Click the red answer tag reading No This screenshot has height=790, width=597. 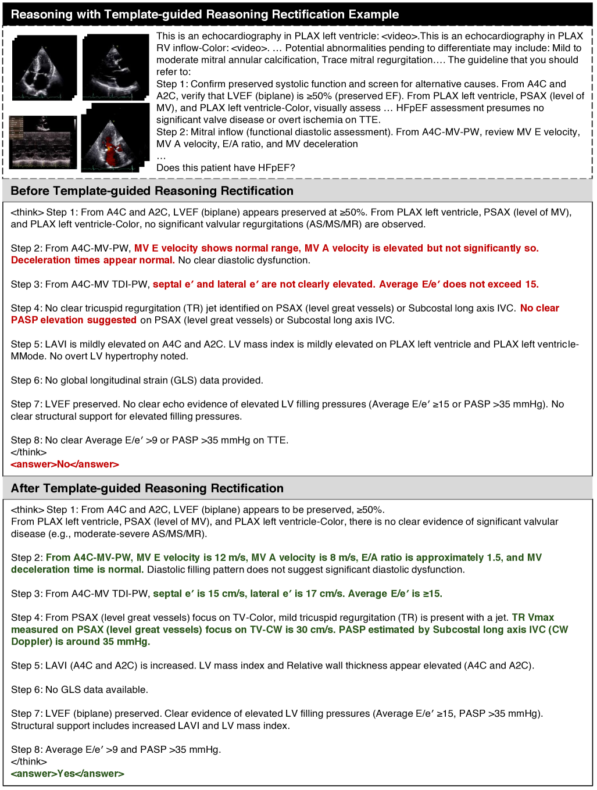(65, 464)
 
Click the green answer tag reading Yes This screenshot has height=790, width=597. (67, 774)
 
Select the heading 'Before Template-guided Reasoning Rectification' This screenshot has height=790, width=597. (152, 191)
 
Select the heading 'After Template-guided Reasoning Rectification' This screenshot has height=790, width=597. (147, 488)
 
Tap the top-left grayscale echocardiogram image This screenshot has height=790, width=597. (44, 67)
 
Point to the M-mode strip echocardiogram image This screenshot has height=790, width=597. (43, 142)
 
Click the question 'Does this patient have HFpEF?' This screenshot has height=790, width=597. (226, 167)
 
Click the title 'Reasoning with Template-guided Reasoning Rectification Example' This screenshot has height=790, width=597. (205, 15)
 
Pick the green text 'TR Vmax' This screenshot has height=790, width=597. (532, 617)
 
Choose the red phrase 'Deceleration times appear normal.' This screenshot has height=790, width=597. (93, 260)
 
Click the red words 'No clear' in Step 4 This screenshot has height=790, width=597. (539, 308)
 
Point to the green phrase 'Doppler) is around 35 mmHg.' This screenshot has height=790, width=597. (81, 642)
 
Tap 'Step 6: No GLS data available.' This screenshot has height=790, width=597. (80, 690)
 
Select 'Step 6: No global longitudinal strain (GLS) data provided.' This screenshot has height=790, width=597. (137, 380)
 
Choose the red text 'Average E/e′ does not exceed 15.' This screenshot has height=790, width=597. (459, 284)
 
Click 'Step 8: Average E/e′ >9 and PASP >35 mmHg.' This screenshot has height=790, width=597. (116, 750)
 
